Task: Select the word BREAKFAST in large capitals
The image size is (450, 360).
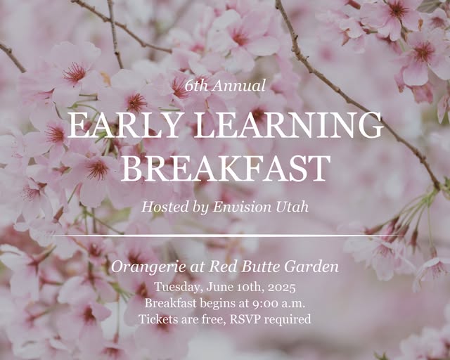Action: (226, 169)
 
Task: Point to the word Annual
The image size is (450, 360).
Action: (239, 86)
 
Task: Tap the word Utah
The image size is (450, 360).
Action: (292, 207)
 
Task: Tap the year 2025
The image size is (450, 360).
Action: (281, 288)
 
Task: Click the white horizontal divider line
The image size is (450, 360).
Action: (225, 236)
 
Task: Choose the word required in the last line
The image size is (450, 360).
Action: (288, 320)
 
